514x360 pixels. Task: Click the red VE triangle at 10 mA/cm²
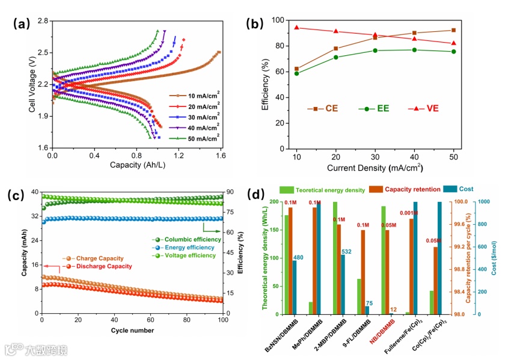tap(296, 28)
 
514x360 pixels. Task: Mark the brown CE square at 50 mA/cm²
tap(453, 30)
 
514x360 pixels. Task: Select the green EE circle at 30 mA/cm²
tap(375, 50)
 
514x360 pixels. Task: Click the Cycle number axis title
tap(132, 330)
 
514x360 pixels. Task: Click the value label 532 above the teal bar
tap(346, 251)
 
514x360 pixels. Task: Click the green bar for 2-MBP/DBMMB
tap(335, 258)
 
